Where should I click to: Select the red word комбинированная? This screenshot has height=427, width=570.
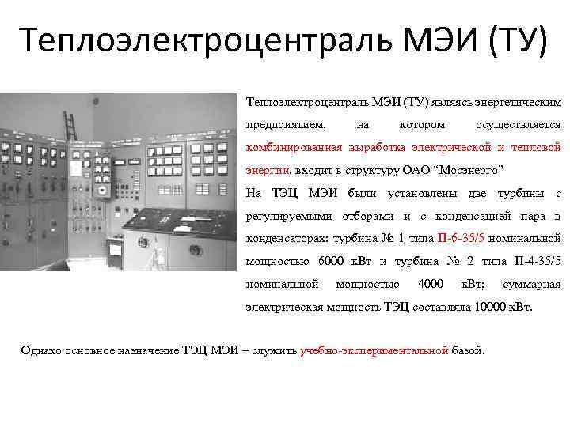[294, 148]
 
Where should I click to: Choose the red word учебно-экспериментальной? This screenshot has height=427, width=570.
[374, 351]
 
